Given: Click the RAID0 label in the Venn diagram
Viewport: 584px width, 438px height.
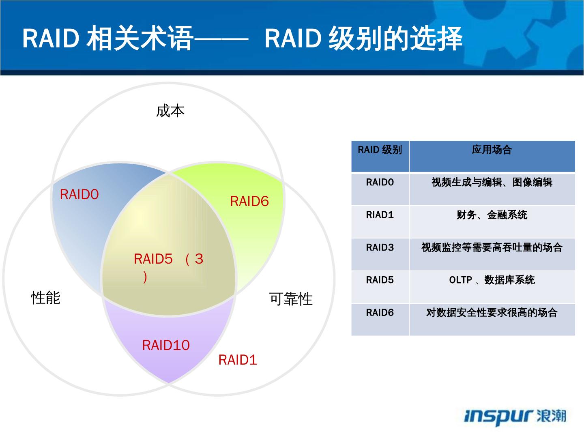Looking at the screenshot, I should click(79, 195).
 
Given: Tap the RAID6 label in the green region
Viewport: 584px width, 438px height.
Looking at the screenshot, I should click(249, 201).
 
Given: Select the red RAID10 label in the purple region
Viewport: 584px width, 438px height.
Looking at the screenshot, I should click(166, 345).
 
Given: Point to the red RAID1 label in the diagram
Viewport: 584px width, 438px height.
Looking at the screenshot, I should click(238, 360).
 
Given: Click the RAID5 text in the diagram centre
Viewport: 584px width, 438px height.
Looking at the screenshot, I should click(153, 259).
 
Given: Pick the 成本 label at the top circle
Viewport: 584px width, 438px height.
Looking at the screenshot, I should click(170, 111).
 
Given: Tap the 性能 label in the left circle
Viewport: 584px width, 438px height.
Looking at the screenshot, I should click(46, 298).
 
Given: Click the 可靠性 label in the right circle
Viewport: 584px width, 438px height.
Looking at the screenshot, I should click(291, 299).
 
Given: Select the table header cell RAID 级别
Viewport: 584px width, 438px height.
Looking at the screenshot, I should click(380, 150).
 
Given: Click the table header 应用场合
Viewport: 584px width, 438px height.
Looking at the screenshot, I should click(492, 150).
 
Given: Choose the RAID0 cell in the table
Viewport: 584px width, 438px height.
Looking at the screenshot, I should click(380, 182).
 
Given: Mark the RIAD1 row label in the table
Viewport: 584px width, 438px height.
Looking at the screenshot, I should click(380, 215).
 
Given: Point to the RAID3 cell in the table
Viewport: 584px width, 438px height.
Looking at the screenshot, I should click(380, 247).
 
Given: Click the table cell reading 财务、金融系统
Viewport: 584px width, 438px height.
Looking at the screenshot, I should click(492, 215).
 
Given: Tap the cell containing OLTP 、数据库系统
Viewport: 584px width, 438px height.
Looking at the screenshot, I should click(492, 280).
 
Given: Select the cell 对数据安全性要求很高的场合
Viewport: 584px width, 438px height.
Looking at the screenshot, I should click(492, 313).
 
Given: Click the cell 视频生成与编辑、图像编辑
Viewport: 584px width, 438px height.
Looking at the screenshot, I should click(492, 182).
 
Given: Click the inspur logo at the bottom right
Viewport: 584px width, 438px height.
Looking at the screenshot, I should click(514, 416).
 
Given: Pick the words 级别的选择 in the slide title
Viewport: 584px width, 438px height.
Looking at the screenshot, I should click(395, 39).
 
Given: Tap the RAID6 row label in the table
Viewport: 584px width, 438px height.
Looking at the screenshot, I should click(380, 313).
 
